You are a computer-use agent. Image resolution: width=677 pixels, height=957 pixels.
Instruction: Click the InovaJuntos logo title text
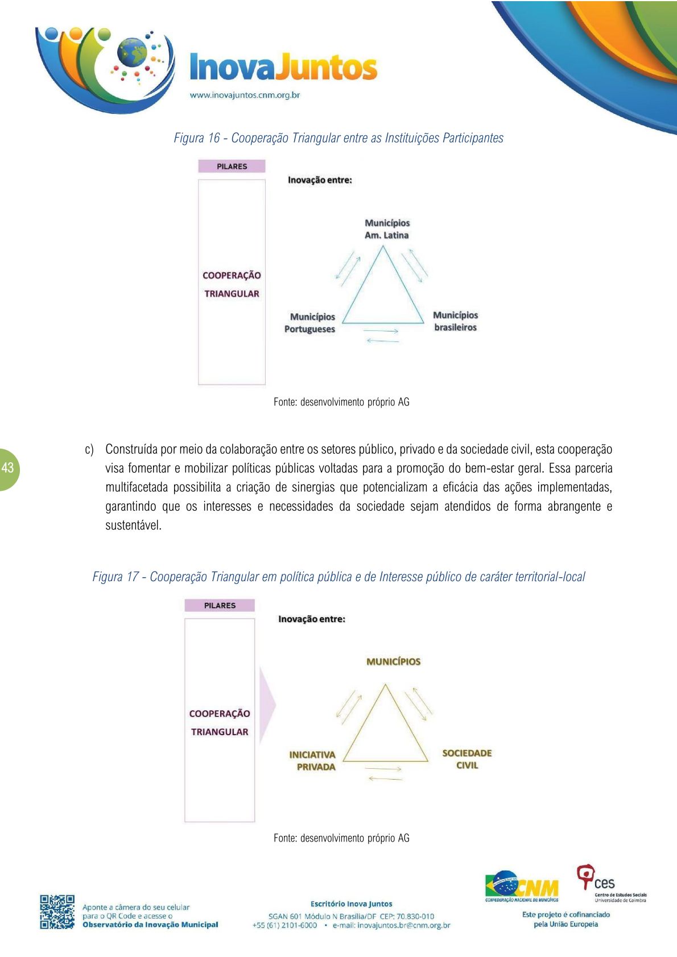[283, 68]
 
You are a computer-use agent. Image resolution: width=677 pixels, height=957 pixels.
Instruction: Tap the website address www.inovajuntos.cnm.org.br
[245, 95]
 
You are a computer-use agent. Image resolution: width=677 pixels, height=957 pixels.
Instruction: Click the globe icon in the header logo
[131, 52]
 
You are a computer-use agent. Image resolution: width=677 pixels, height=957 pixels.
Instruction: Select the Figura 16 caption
[338, 138]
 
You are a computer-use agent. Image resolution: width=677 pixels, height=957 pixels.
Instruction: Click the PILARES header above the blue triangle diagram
[232, 166]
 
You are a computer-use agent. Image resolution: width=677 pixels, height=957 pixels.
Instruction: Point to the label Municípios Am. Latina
[387, 229]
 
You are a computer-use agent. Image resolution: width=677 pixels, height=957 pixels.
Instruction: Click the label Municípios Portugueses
[310, 323]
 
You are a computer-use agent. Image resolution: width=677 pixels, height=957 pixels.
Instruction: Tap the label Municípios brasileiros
[455, 321]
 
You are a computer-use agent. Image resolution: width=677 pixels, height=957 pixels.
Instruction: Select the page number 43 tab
[8, 469]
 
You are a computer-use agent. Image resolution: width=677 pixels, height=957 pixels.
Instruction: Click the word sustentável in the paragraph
[134, 525]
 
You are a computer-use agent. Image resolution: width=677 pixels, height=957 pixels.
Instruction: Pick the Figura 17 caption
[338, 577]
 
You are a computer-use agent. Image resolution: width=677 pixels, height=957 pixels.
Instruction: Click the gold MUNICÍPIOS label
[393, 662]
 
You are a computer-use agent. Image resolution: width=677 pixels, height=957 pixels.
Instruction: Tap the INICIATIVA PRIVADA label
[313, 761]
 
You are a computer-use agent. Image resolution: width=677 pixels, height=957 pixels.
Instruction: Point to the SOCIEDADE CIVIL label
[467, 759]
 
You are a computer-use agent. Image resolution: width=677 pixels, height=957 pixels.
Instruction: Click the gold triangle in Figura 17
[385, 734]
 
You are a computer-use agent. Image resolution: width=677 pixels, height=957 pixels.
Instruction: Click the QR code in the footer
[57, 912]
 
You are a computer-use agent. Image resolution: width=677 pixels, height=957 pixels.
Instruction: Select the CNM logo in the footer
[522, 886]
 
